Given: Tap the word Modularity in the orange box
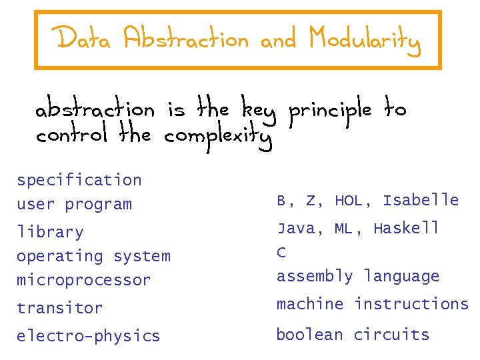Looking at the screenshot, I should [x=364, y=41].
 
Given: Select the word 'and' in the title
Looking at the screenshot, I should [x=277, y=41].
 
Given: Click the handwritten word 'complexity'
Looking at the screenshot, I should [x=218, y=138].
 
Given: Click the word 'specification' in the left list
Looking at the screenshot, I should [x=79, y=180].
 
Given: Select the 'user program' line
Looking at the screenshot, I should [x=74, y=205].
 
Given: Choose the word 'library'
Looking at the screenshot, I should [x=50, y=233].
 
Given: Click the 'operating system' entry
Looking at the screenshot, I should [x=93, y=256].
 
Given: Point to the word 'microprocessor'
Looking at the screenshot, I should [x=83, y=280].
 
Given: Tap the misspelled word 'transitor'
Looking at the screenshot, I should [x=59, y=308].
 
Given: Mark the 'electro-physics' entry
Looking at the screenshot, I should [x=88, y=336].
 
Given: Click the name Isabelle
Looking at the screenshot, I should [x=421, y=200].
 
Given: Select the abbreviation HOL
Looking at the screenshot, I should [x=349, y=200].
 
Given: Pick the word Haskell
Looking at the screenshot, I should [x=407, y=228].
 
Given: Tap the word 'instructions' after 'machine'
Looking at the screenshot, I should [x=411, y=304].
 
